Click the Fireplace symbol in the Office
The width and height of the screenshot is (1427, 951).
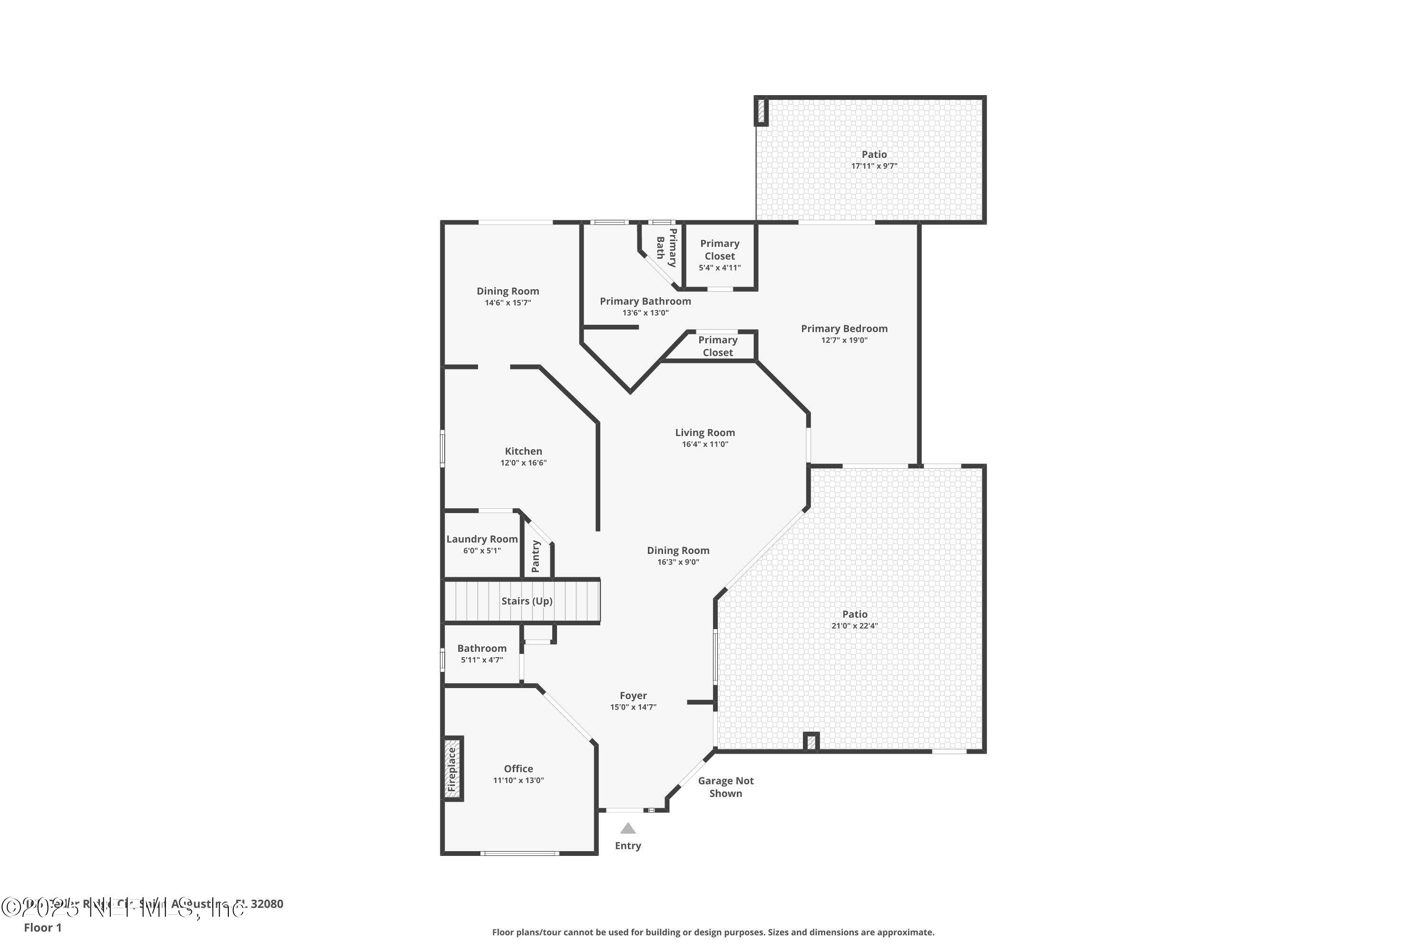click(x=452, y=768)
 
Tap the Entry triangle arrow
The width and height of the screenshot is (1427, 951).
click(x=628, y=828)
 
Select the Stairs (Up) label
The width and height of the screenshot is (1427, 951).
click(x=527, y=601)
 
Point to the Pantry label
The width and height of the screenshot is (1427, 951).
click(x=536, y=556)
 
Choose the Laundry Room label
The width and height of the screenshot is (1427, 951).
click(x=482, y=539)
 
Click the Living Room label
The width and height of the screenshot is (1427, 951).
click(x=704, y=432)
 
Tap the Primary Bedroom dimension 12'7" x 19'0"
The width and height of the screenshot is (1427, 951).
click(x=844, y=340)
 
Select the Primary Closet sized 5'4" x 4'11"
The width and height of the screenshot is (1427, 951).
click(x=720, y=255)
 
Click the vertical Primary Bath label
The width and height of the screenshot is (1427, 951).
click(x=666, y=247)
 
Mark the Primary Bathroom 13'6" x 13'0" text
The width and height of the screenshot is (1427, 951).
click(x=645, y=313)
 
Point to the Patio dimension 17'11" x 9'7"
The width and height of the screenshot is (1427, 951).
click(x=874, y=166)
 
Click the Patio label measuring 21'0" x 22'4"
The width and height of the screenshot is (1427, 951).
click(x=854, y=614)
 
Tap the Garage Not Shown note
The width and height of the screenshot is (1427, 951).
click(x=726, y=787)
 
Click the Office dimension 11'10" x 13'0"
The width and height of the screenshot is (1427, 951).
click(x=518, y=781)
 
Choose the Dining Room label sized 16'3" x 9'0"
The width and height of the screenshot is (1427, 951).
click(x=678, y=551)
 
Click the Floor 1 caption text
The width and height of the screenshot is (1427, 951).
click(x=42, y=927)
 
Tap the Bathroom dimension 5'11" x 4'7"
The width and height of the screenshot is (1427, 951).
click(x=482, y=660)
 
